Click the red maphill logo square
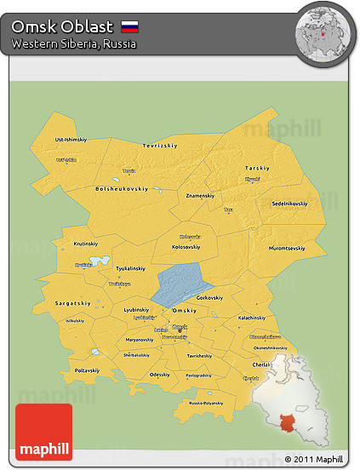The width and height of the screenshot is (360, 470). pyautogui.click(x=44, y=433)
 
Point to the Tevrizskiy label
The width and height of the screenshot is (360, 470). pyautogui.click(x=160, y=146)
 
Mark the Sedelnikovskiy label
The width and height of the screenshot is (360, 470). pyautogui.click(x=290, y=204)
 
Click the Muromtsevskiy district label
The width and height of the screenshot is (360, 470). pyautogui.click(x=285, y=249)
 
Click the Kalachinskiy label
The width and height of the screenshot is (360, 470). pyautogui.click(x=255, y=318)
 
